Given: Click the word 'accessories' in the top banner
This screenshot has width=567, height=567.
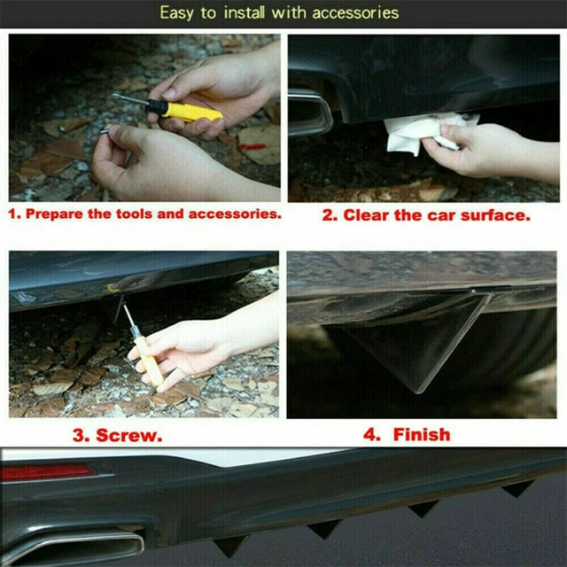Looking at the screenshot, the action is pos(355,13).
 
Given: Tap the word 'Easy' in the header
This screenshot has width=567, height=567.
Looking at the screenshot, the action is pos(176,13).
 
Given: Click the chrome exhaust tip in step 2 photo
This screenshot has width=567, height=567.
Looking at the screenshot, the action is pos(310,113).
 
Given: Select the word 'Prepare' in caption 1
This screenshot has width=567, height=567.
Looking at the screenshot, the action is pos(54,214).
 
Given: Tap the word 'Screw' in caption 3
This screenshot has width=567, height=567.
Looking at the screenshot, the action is pos(129,435).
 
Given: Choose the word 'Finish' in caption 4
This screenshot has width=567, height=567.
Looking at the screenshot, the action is pos(422,434).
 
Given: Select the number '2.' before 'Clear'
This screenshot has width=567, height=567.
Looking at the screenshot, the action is pos(330,215).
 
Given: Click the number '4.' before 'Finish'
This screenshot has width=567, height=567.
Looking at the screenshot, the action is pos(372,434).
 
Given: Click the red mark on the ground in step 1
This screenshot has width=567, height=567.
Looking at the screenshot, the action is pos(252,146).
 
